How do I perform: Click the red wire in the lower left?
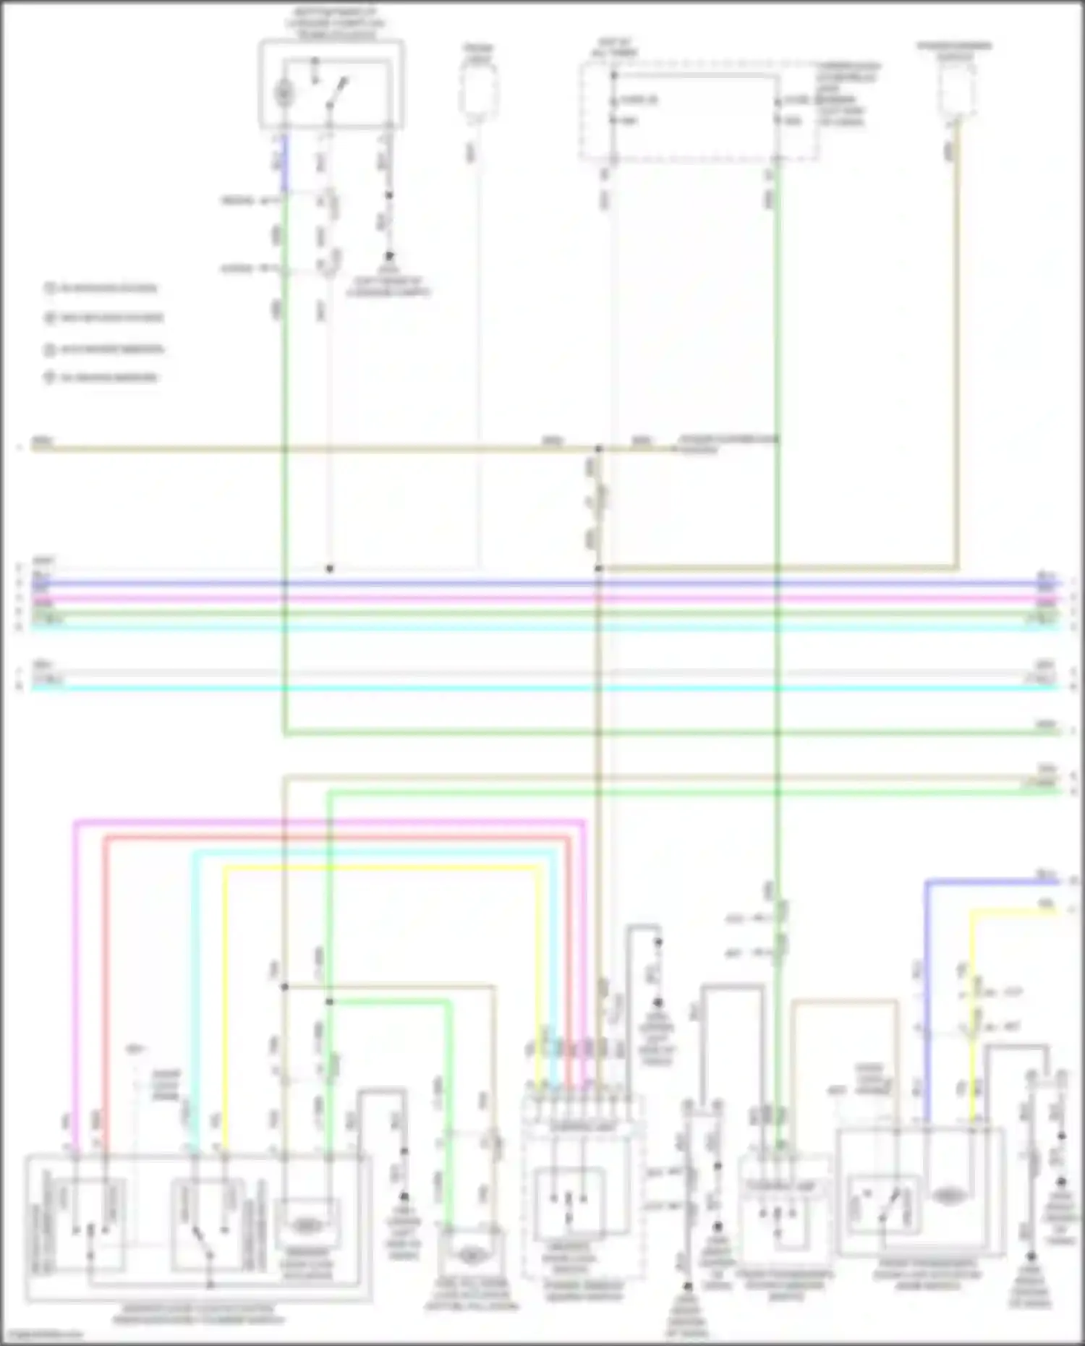click(106, 976)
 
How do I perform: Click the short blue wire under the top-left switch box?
click(284, 163)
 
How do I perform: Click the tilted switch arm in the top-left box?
click(337, 92)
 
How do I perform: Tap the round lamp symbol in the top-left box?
click(283, 93)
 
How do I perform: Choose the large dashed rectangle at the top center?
click(698, 111)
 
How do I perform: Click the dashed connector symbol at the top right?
click(956, 90)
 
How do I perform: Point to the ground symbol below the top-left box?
click(388, 257)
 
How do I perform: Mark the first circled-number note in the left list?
click(101, 288)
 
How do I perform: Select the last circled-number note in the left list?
click(101, 378)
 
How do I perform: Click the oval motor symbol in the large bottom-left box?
click(307, 1225)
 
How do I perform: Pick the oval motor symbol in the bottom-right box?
click(947, 1196)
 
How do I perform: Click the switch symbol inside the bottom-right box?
click(884, 1205)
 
